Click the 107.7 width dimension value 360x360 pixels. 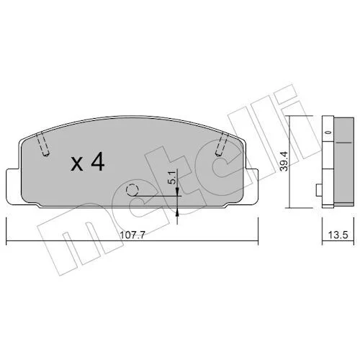(x=132, y=235)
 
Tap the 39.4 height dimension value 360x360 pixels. (x=284, y=161)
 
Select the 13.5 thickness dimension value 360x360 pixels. (x=338, y=235)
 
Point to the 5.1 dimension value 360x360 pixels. (x=173, y=177)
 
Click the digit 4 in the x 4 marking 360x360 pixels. (x=98, y=161)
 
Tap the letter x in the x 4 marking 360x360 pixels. (x=77, y=164)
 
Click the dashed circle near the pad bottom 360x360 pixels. (x=132, y=190)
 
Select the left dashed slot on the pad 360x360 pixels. (x=44, y=144)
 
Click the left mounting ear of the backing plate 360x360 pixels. (x=14, y=186)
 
